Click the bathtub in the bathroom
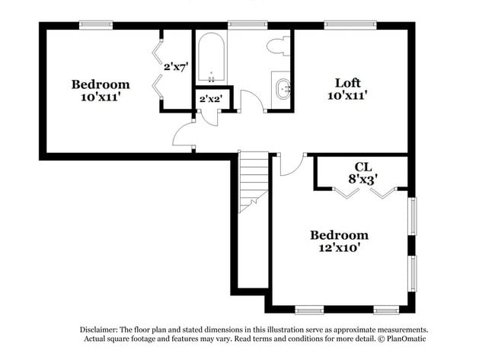[x=209, y=58]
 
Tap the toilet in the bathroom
[x=276, y=46]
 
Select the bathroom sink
[x=283, y=90]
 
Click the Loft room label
[x=348, y=82]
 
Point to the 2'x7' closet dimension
[x=175, y=66]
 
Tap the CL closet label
[x=362, y=167]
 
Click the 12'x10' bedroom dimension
[x=339, y=247]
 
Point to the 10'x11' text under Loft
[x=348, y=95]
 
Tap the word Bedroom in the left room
[x=101, y=84]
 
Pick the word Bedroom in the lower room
[x=339, y=235]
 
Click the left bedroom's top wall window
[x=96, y=25]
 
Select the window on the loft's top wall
[x=350, y=25]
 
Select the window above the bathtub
[x=242, y=25]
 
